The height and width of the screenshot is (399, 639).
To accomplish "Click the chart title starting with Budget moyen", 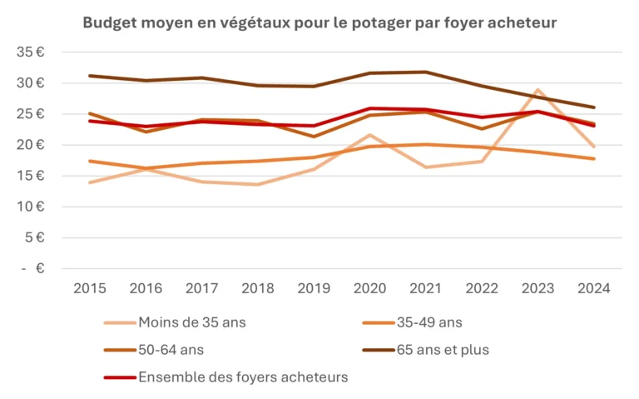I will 319,22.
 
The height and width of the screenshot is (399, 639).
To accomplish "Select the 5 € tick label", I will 34,237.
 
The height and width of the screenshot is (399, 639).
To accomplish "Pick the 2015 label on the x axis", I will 89,288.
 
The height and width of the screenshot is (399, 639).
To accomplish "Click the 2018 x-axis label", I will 257,288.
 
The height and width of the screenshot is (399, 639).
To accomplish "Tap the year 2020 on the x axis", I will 369,288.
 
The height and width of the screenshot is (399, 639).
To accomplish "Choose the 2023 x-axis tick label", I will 537,288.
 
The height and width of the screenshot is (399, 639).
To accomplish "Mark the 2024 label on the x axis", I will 593,288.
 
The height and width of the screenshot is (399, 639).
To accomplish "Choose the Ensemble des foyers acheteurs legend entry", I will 242,377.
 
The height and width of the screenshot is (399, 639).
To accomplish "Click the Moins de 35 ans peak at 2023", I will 537,90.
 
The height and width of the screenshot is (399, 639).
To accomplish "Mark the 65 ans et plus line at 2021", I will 425,72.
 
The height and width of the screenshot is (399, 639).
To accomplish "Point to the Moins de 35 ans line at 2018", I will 257,184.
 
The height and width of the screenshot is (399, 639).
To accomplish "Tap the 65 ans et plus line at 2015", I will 89,76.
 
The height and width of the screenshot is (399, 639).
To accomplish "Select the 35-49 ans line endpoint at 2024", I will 593,158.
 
